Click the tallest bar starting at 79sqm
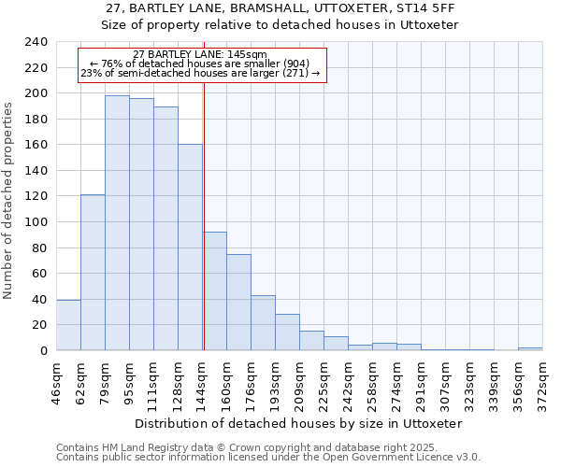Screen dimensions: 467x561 pos(117,223)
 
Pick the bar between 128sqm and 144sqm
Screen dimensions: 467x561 pos(190,248)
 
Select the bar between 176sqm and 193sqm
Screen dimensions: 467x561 pos(263,323)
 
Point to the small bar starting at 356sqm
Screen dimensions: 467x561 pos(530,348)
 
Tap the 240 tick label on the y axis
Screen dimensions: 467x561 pos(35,42)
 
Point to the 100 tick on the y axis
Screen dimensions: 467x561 pos(35,222)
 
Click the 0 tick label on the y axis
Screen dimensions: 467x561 pos(43,351)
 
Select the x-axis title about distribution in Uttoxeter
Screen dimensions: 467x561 pos(298,423)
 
